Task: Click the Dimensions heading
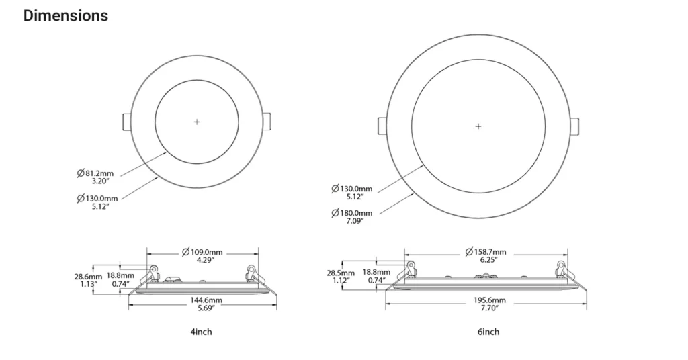(66, 16)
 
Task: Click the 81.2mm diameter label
(95, 173)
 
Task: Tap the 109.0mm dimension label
(202, 252)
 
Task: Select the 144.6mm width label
(206, 300)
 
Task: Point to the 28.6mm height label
(88, 277)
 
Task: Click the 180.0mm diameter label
(352, 213)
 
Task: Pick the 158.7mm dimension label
(486, 252)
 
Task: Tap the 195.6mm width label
(490, 300)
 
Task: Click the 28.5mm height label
(341, 273)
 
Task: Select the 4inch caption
(201, 332)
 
